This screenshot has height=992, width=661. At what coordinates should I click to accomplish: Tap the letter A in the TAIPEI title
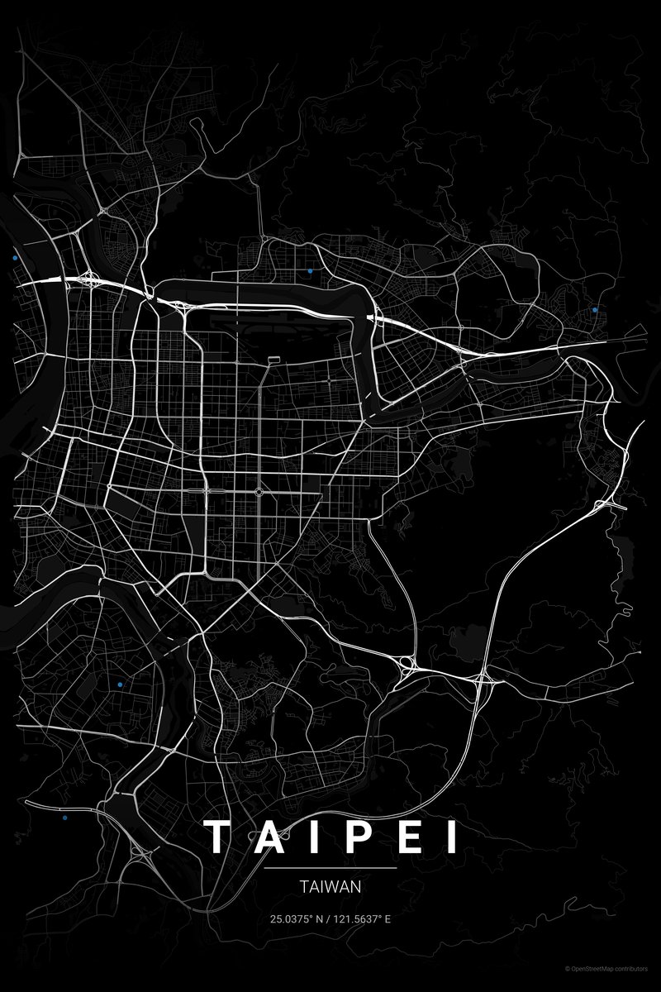(x=264, y=837)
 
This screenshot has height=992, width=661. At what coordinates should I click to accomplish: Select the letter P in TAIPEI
(x=353, y=837)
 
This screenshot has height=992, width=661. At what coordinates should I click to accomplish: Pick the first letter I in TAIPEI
(x=309, y=837)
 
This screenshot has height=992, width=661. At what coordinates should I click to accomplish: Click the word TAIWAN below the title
(x=330, y=887)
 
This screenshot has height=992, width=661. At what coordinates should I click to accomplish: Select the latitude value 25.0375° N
(x=295, y=918)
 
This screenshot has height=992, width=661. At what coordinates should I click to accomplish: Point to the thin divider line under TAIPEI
(x=330, y=869)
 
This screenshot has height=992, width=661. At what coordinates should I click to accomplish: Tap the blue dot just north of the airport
(x=310, y=271)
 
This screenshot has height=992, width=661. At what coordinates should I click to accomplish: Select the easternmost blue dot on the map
(x=595, y=309)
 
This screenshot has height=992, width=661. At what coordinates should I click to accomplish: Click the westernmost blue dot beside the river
(x=15, y=259)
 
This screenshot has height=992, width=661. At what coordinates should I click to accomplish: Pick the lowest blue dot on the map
(x=64, y=818)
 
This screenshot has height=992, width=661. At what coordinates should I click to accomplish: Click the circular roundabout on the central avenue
(x=259, y=492)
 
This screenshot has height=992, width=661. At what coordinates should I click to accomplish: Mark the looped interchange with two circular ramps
(x=406, y=664)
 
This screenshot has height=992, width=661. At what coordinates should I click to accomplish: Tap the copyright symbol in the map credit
(x=568, y=968)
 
